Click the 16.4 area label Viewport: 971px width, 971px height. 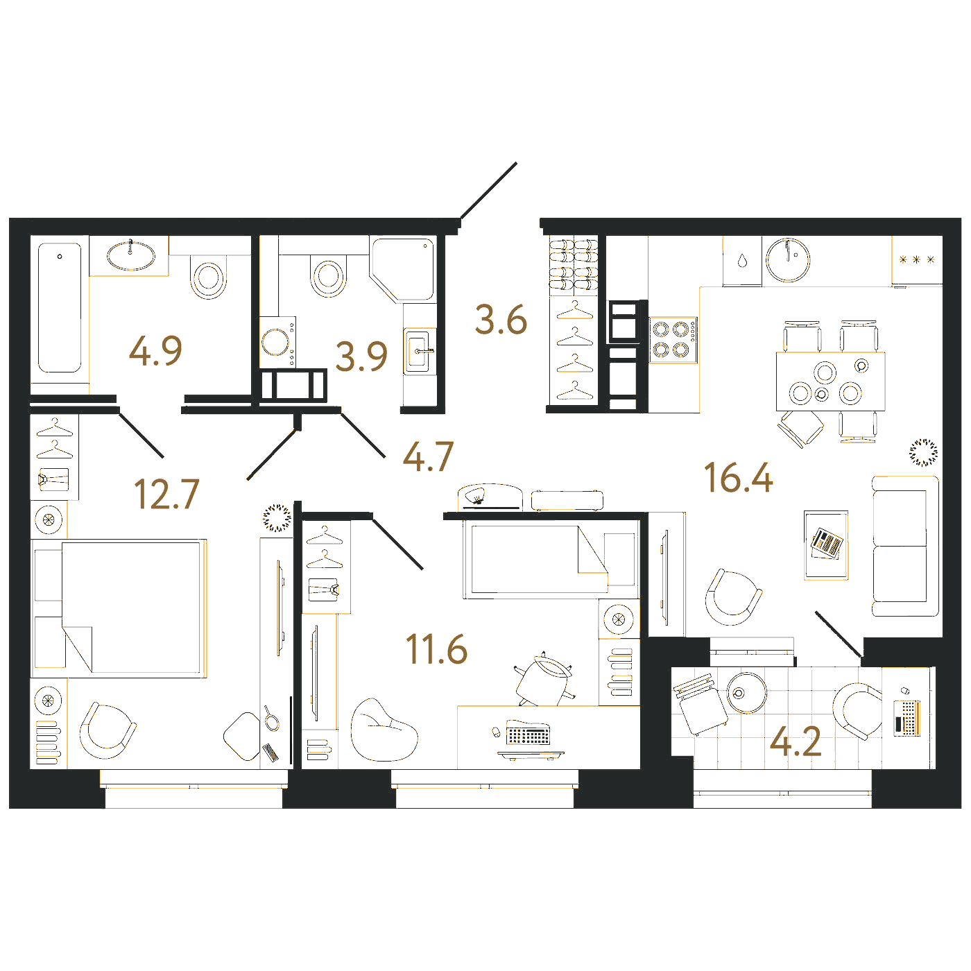[738, 478]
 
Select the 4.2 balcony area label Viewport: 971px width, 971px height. [796, 741]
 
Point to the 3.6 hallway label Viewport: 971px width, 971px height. [501, 320]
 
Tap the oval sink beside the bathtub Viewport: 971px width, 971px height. [130, 255]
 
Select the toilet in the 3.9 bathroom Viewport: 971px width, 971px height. [329, 275]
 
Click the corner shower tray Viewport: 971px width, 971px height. [403, 270]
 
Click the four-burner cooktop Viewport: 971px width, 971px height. [673, 340]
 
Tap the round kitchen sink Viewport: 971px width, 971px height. [788, 260]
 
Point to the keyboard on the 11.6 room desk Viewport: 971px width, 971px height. [529, 733]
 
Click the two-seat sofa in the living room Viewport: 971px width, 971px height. [906, 547]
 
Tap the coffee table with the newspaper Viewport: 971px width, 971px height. [826, 545]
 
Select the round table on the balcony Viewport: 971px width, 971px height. [746, 692]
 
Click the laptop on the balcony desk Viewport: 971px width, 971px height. [907, 718]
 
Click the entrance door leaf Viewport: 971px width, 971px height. [489, 191]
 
